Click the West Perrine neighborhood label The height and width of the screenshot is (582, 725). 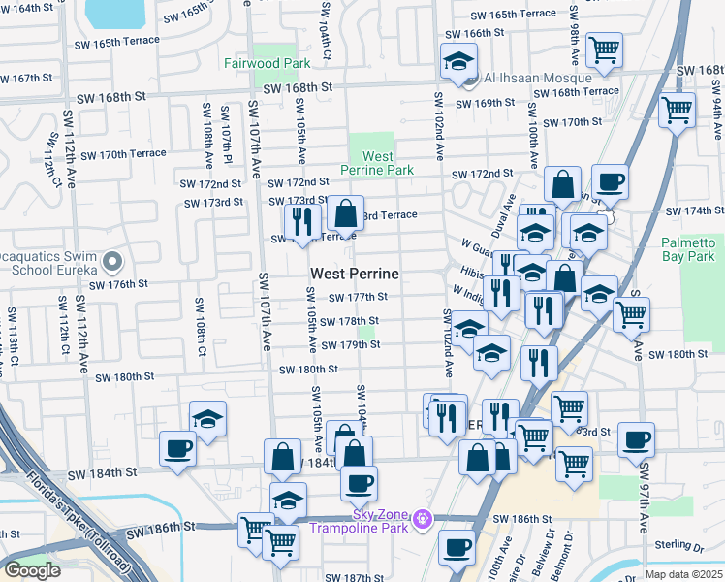coord(354,275)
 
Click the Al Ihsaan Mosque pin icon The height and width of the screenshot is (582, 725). coord(471,79)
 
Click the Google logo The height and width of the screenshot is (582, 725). coord(32,569)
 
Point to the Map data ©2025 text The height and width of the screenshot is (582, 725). coord(682,574)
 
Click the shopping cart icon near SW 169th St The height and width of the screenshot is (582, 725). coord(677,109)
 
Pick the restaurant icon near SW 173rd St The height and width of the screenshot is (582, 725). coord(302,220)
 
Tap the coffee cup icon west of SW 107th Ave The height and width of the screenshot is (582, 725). coord(177,449)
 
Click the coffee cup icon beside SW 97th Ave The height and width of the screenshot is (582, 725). coord(636,439)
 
